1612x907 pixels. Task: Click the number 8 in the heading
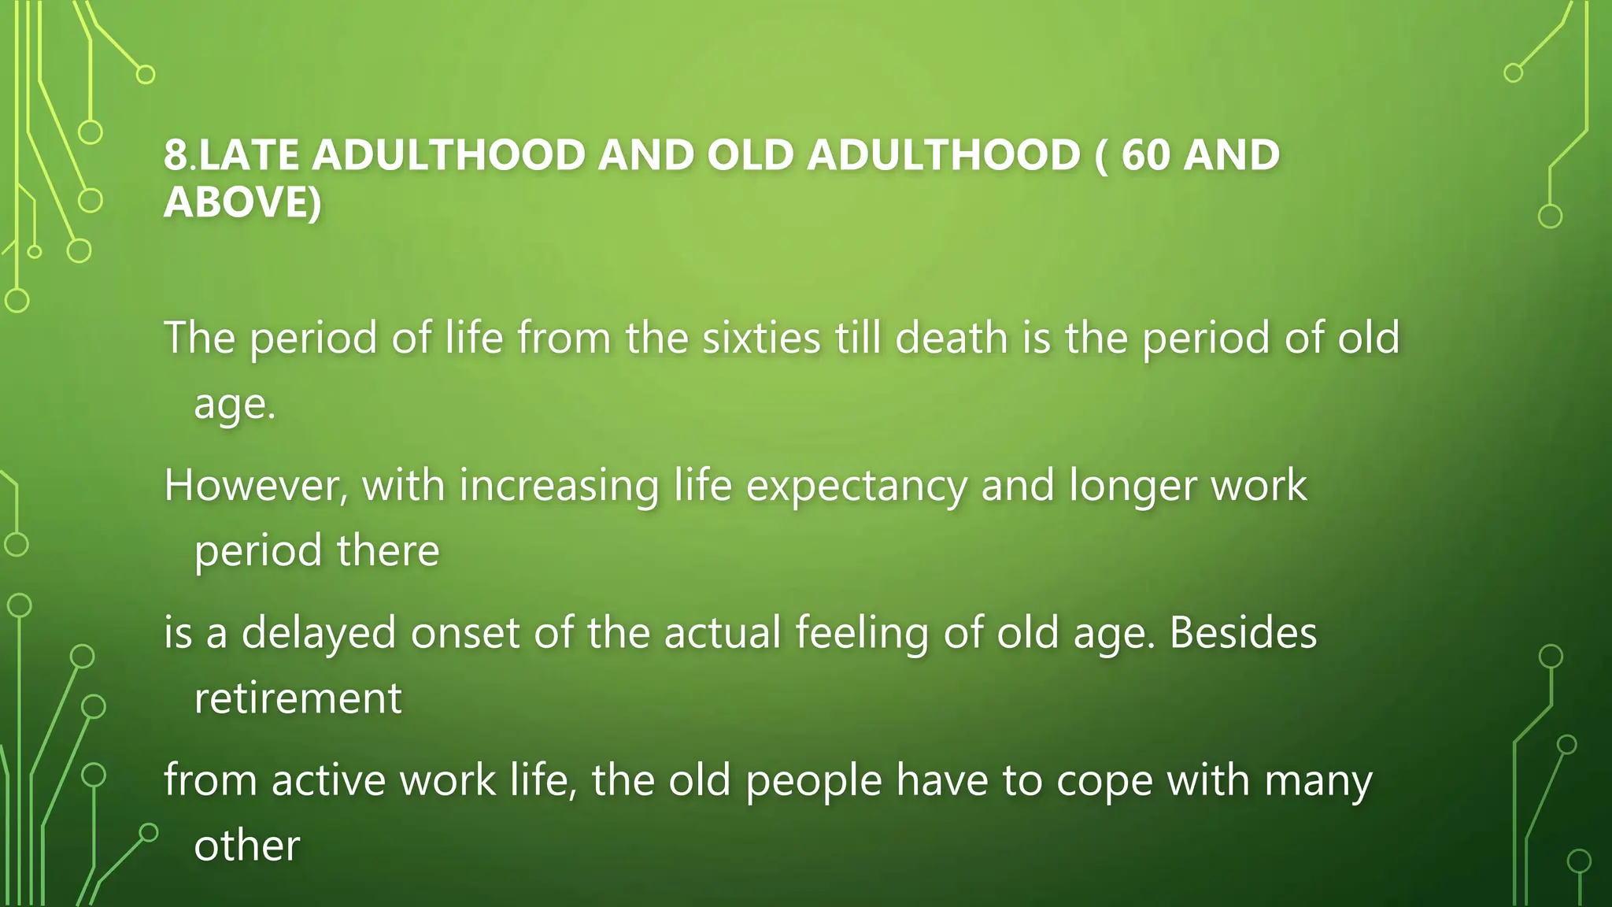pos(176,154)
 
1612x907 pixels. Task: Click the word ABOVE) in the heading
pos(242,202)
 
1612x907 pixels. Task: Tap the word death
pos(952,338)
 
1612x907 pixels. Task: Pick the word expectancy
pos(856,487)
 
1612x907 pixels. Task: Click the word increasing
pos(559,485)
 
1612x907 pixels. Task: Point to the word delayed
pos(318,633)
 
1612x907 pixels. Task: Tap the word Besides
pos(1243,633)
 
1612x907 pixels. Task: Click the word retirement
pos(298,698)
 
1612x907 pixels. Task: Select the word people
pos(814,782)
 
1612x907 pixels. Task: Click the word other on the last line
pos(247,846)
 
